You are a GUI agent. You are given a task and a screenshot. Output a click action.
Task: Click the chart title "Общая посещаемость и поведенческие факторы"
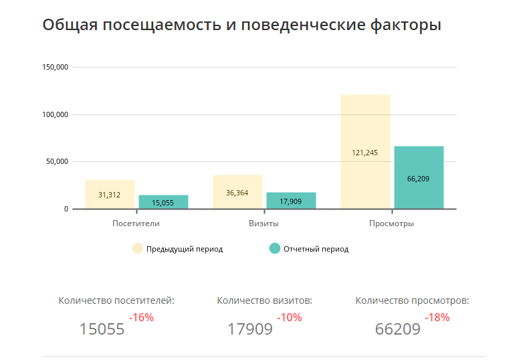tap(241, 25)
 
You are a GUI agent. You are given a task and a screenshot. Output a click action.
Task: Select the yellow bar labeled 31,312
tap(110, 194)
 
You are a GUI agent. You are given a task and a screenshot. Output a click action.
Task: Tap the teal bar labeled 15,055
tap(163, 202)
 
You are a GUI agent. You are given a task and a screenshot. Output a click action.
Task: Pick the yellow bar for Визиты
tap(237, 192)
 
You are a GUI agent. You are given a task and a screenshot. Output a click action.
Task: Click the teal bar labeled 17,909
tap(291, 201)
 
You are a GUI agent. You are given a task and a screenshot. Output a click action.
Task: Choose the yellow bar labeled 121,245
tap(365, 152)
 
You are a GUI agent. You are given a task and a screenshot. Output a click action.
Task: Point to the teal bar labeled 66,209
tap(419, 177)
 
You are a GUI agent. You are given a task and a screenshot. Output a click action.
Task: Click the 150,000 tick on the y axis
tap(56, 68)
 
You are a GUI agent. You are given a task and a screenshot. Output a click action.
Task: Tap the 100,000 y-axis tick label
tap(56, 114)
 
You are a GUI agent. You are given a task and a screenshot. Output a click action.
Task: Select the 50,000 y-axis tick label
tap(58, 162)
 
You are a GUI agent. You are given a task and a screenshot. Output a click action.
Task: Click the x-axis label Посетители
tap(136, 223)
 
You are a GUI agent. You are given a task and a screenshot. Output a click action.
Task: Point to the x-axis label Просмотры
tap(392, 223)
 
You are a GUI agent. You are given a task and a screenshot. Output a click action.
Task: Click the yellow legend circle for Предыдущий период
tap(138, 248)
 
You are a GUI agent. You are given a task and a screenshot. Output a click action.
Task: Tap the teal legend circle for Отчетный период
tap(274, 248)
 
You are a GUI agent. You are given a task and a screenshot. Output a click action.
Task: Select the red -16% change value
tap(141, 317)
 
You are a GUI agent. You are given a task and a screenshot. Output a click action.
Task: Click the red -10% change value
tap(289, 317)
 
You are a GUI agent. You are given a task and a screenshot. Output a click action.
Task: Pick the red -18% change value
tap(437, 317)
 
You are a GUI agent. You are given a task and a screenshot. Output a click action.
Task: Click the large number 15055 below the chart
tap(102, 329)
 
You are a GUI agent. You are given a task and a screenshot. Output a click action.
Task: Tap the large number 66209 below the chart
tap(397, 329)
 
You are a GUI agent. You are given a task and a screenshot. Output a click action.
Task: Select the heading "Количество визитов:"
tap(265, 300)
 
